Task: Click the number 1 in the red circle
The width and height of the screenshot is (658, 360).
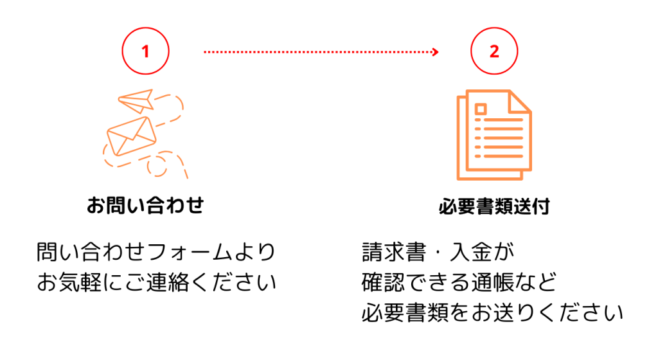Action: coord(145,51)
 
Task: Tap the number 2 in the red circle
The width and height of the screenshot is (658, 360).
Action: coord(494,51)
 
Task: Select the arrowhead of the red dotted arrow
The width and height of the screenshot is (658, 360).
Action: coord(436,51)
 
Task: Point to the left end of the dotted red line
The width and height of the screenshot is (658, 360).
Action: coord(204,51)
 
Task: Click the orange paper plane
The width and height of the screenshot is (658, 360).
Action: coord(136,101)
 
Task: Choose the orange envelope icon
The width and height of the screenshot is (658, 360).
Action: coord(132,136)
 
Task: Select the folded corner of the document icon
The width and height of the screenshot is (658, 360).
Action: coord(519,104)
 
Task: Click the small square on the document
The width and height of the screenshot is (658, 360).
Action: coord(481,109)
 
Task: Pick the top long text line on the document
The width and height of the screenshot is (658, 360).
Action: coord(503,120)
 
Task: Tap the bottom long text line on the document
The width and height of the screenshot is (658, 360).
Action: coord(503,156)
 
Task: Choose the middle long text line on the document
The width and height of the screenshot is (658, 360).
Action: coord(503,138)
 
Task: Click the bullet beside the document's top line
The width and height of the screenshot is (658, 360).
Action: coord(477,120)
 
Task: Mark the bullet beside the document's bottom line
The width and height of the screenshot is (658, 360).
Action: coord(477,156)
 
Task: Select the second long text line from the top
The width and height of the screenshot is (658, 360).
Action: coord(503,129)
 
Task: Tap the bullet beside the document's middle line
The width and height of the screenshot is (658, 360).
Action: coord(477,138)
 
